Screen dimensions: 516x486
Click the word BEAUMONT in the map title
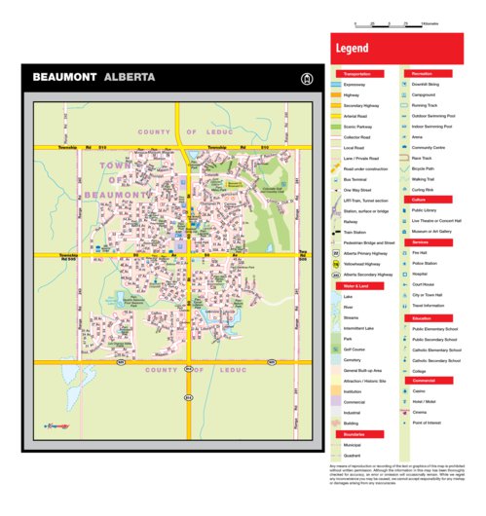click(x=64, y=77)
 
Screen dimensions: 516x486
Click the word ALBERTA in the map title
click(x=127, y=77)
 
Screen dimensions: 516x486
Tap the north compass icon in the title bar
click(x=307, y=77)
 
